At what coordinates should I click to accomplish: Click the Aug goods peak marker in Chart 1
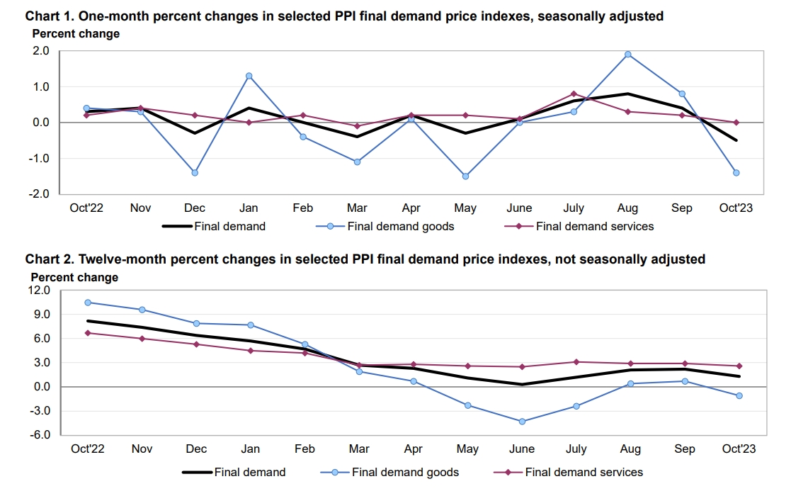[627, 55]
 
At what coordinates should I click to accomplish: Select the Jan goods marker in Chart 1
[249, 76]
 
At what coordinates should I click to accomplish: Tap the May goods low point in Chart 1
[465, 176]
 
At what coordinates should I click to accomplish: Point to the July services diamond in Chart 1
[574, 94]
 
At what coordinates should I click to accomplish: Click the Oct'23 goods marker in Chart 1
[736, 173]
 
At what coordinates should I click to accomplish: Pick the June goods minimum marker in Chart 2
[522, 422]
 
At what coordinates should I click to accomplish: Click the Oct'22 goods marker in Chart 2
[88, 303]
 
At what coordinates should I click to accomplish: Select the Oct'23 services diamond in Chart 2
[739, 366]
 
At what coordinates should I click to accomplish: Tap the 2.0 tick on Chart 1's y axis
[40, 51]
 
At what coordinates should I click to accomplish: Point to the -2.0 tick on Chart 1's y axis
[39, 193]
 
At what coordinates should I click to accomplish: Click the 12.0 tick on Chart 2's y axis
[39, 291]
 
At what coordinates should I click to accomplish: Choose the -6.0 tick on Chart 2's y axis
[39, 435]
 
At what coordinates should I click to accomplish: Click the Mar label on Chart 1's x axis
[357, 208]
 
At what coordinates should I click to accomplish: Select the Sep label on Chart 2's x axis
[685, 449]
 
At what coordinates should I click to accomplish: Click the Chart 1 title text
[344, 16]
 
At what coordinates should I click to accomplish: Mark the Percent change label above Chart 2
[74, 277]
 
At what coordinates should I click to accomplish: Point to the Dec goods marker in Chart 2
[196, 323]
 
